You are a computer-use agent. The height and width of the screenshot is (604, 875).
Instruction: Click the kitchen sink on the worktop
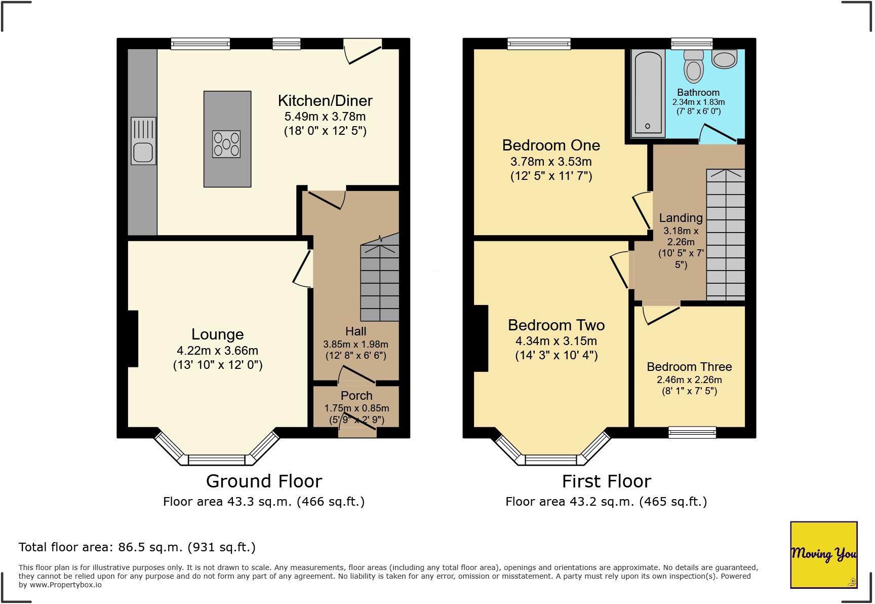click(x=143, y=141)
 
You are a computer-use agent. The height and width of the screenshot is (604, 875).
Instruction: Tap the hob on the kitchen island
click(x=226, y=144)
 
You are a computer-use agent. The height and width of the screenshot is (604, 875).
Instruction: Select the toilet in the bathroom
click(x=693, y=66)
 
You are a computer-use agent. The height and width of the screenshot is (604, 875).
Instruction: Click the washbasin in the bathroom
click(x=725, y=58)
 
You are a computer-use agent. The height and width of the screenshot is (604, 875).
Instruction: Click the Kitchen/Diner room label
click(x=325, y=100)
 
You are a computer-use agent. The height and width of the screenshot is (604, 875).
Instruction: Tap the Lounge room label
click(x=218, y=334)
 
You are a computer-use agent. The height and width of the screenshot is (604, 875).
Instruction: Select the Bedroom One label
click(x=551, y=145)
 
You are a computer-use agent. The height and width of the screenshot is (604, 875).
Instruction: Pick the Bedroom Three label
click(x=689, y=367)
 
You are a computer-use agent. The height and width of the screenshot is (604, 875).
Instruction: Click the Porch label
click(x=356, y=396)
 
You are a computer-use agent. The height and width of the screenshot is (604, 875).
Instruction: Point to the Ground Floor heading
click(x=264, y=481)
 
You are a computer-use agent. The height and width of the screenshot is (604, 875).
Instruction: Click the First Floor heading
click(x=607, y=481)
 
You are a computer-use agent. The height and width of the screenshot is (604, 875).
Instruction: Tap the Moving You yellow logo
click(x=824, y=555)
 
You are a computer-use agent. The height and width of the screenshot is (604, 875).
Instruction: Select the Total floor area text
click(x=137, y=547)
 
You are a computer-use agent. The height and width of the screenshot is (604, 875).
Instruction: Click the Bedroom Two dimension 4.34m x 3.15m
click(x=556, y=341)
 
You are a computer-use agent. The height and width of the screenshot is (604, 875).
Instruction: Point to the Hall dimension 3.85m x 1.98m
click(x=356, y=344)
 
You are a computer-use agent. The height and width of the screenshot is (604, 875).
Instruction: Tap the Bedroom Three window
click(x=692, y=432)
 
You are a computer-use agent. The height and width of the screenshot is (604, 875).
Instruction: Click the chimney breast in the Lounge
click(x=133, y=338)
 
